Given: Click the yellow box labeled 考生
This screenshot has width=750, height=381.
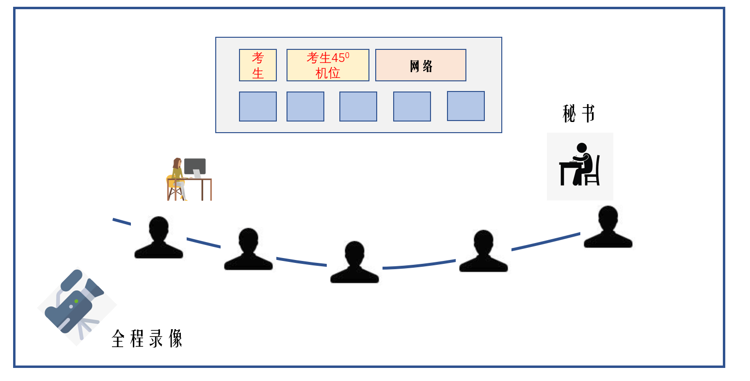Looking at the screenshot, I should click(x=258, y=65).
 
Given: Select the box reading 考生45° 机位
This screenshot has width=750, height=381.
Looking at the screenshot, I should click(x=328, y=65).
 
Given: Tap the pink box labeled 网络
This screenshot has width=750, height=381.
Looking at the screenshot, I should click(x=421, y=65).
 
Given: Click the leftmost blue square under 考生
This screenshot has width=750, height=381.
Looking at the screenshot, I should click(x=258, y=107).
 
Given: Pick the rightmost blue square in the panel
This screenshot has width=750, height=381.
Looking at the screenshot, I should click(x=466, y=106).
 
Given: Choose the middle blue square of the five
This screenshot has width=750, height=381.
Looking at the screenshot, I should click(x=358, y=107).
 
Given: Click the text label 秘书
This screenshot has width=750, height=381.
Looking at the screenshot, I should click(x=579, y=114).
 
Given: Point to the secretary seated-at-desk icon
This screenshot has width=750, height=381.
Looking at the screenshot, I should click(x=580, y=167).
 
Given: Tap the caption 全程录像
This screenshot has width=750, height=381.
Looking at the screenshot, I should click(x=147, y=338).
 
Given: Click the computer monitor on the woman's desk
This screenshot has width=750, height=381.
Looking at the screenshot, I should click(x=195, y=166).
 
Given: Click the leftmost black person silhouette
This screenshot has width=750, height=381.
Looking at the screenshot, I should click(x=159, y=238).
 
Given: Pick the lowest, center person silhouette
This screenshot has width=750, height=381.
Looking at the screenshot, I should click(x=354, y=263).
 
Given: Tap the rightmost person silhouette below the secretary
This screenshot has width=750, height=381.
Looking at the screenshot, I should click(x=608, y=228).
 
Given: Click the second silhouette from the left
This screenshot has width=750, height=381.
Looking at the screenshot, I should click(x=248, y=250).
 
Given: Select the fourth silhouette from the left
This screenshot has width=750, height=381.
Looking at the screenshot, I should click(x=483, y=252).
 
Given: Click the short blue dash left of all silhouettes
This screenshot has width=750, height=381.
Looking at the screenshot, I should click(x=122, y=222).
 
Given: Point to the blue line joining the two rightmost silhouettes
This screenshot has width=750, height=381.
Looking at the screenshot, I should click(x=546, y=242).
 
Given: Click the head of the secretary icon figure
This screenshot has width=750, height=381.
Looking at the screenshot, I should click(x=582, y=148).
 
